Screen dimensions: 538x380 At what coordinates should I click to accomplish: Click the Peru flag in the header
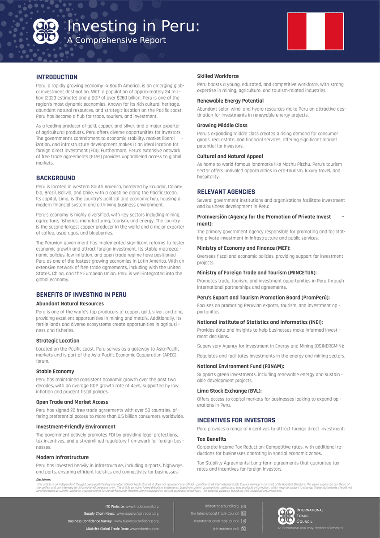coord(316,31)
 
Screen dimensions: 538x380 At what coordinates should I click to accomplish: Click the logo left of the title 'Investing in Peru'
coord(47,31)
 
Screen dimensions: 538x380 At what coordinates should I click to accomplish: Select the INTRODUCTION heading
coord(57,77)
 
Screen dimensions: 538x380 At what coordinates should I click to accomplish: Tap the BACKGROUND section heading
coord(56,178)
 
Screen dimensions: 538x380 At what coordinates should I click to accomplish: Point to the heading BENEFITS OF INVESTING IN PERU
coord(81,295)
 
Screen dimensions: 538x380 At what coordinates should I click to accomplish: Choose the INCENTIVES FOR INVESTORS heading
coord(236,420)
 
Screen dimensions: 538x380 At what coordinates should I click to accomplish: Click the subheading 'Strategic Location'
coord(57,341)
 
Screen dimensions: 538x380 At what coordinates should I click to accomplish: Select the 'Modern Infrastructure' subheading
coord(62,457)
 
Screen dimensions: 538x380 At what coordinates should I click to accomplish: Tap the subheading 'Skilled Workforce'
coord(218,76)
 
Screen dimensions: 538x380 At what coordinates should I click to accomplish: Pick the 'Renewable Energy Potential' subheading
coord(230,101)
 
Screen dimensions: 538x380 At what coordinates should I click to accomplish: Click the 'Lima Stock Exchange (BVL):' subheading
coord(229,391)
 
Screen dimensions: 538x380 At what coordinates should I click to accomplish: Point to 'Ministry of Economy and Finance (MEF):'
coord(243,248)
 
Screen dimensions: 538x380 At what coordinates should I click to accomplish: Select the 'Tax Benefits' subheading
coord(212,439)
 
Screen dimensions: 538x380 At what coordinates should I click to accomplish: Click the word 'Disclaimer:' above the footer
coord(43,479)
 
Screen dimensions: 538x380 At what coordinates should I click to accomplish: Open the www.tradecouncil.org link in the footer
coord(142,506)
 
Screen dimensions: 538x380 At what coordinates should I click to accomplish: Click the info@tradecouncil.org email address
coord(222,506)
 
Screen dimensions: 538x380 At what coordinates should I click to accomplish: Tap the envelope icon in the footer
coord(243,506)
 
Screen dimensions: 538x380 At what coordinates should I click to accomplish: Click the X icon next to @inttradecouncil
coord(243,529)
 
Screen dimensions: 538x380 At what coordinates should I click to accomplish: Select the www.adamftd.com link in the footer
coord(144,529)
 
